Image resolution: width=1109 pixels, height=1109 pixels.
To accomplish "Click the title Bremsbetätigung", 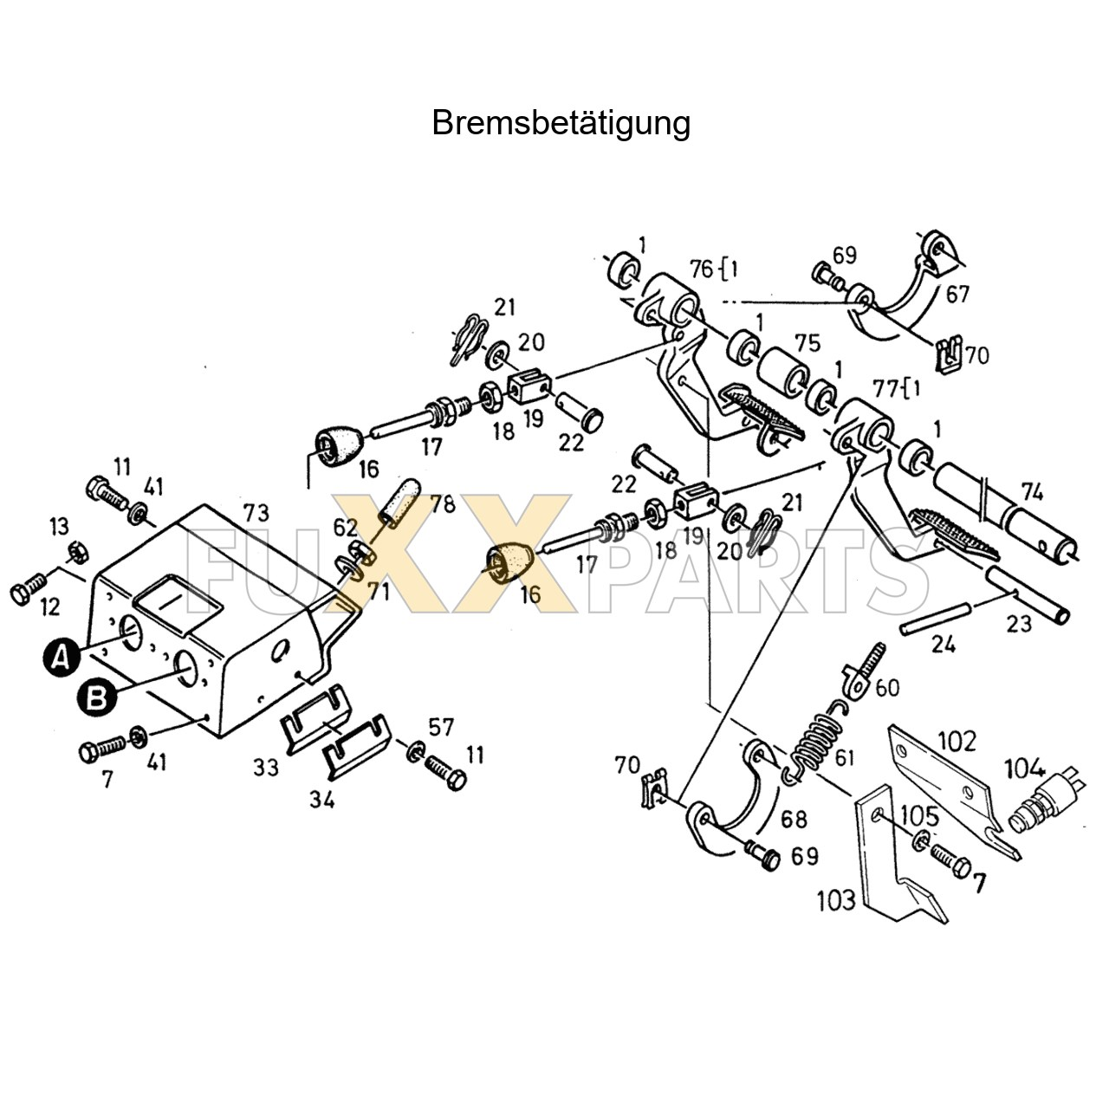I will tap(561, 123).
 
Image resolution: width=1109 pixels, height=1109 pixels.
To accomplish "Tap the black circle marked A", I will tap(60, 658).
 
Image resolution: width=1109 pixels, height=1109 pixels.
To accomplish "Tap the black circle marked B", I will tap(97, 697).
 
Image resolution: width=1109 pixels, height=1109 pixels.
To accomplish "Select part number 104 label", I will tap(1025, 768).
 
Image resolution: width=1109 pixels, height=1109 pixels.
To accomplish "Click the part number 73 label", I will tap(256, 512).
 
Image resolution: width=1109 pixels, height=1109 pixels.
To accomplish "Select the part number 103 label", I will tap(836, 900).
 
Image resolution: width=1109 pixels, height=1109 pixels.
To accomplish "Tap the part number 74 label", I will tap(1032, 492).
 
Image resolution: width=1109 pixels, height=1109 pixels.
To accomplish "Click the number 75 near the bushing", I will tap(807, 343).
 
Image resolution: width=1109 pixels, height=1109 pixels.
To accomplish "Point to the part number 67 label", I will tap(957, 295).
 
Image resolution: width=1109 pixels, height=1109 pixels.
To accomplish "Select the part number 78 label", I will tap(442, 503).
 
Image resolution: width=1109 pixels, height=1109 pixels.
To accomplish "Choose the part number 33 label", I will tap(266, 767).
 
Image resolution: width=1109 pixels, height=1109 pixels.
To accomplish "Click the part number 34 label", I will tap(321, 799).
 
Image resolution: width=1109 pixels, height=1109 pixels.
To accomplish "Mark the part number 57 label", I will tap(441, 727).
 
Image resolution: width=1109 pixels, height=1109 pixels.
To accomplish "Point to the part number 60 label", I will tap(887, 688).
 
